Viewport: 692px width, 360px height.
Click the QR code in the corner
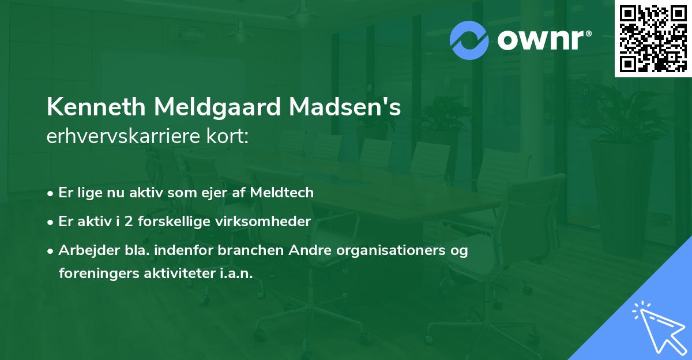tap(653, 38)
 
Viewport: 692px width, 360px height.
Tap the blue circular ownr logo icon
tap(470, 40)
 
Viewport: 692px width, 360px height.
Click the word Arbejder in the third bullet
tap(84, 251)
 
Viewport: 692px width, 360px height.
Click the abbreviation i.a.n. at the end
tap(236, 273)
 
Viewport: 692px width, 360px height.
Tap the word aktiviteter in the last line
tap(176, 273)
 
